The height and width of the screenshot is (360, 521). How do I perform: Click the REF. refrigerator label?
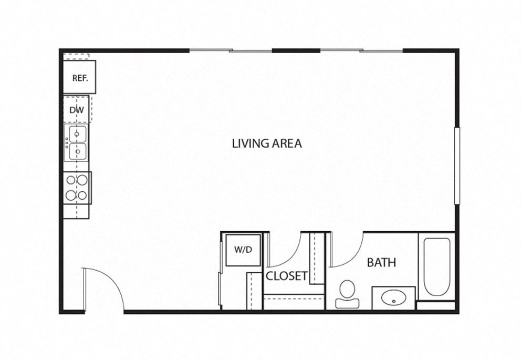(x=80, y=78)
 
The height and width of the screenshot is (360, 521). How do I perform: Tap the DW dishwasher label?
(x=77, y=110)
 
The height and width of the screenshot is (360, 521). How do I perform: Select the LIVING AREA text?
(x=267, y=143)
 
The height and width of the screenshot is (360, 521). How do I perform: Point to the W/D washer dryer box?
(x=243, y=250)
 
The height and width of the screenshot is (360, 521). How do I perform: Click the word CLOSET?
(x=287, y=276)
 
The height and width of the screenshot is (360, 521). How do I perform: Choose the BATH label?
(x=381, y=263)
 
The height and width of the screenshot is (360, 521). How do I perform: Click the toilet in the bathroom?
(x=347, y=294)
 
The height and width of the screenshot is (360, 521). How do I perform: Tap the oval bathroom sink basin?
(x=394, y=297)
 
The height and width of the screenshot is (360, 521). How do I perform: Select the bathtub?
(x=437, y=266)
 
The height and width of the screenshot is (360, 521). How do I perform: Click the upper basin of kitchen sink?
(x=78, y=134)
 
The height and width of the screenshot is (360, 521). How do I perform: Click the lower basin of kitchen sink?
(x=78, y=151)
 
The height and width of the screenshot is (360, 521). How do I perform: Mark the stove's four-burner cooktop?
(x=77, y=188)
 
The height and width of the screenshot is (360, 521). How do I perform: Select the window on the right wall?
(x=457, y=166)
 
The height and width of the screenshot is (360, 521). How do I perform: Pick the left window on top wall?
(x=231, y=50)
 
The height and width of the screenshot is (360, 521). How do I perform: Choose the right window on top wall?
(x=361, y=50)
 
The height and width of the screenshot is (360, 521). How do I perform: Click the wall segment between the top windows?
(x=296, y=50)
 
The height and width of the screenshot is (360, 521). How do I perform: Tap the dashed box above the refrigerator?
(x=76, y=57)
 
